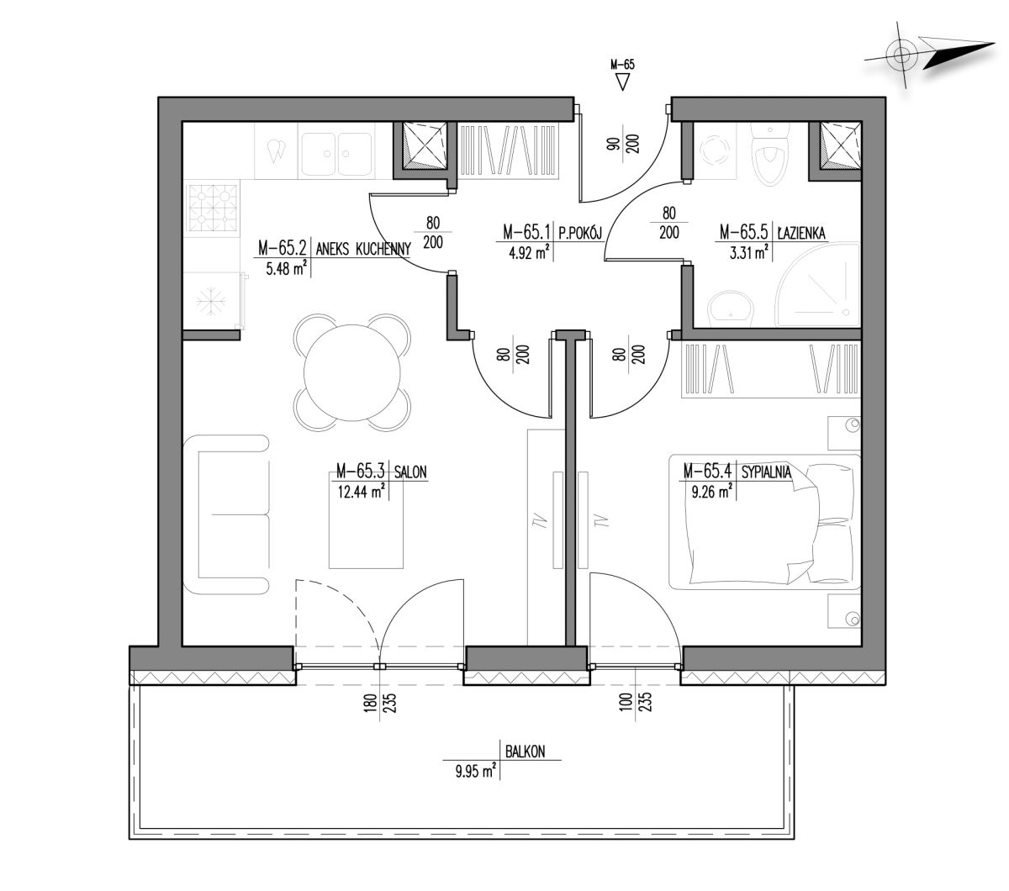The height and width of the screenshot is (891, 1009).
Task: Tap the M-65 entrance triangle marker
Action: click(622, 82)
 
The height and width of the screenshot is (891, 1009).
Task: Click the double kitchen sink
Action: click(336, 153)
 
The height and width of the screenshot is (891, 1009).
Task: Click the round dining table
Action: click(351, 372)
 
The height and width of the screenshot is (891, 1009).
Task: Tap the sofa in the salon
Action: click(226, 514)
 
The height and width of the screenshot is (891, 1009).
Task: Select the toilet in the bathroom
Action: click(770, 154)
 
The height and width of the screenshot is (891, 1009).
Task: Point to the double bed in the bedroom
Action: click(764, 521)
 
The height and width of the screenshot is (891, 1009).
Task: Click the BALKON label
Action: click(525, 751)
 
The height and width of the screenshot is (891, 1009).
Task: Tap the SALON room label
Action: click(410, 472)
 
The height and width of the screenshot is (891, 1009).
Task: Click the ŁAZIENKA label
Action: click(800, 233)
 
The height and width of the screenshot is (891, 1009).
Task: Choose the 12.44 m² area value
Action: click(361, 492)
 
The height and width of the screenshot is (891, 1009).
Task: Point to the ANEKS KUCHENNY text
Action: click(363, 249)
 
